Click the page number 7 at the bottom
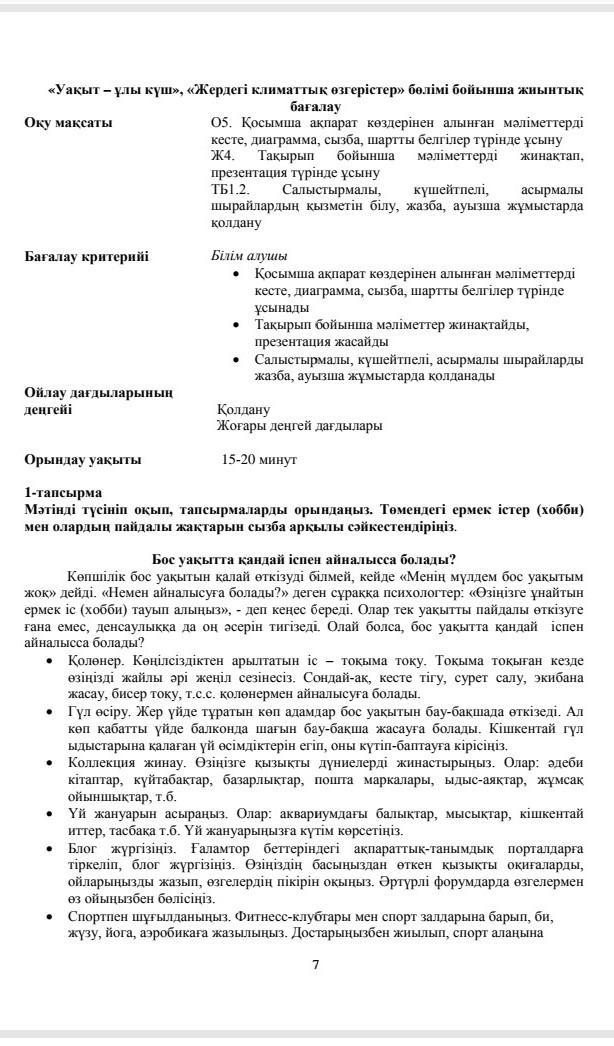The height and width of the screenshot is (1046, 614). (315, 964)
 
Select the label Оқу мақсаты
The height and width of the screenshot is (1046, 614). (69, 123)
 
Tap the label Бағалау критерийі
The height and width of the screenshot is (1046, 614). (87, 256)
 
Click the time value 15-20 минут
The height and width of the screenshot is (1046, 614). (259, 460)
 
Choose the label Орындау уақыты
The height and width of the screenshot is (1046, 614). (83, 460)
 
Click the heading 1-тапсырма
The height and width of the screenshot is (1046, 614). (64, 493)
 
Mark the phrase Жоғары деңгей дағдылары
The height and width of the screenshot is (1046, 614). (299, 425)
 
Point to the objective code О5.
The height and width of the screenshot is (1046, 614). (221, 123)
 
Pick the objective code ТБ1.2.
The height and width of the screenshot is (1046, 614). (229, 189)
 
